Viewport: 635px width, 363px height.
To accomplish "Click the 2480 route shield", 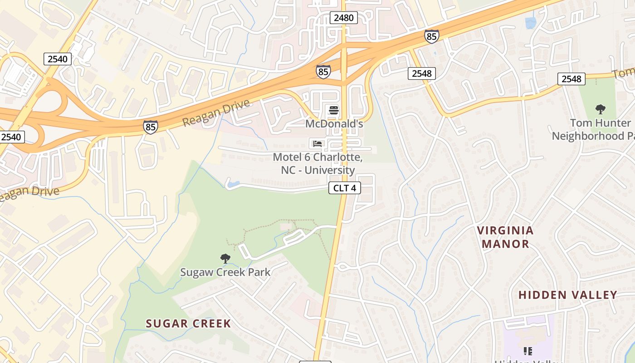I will (344, 18).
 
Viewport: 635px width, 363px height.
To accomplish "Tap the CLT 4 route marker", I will (345, 188).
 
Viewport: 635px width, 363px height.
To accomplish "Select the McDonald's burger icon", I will (334, 110).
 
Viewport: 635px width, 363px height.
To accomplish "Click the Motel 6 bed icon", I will (317, 144).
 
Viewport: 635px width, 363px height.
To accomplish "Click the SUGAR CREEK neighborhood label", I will (188, 324).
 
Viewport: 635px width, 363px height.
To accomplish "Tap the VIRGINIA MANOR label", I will (505, 237).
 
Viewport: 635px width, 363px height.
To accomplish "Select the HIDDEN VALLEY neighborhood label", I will (567, 295).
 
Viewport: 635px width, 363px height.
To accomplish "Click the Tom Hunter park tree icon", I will (601, 109).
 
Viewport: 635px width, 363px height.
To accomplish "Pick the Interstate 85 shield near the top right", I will (432, 36).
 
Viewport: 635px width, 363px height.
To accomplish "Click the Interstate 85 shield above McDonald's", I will (323, 72).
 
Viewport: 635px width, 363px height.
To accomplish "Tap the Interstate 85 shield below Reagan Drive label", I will (151, 127).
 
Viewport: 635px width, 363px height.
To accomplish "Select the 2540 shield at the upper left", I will (58, 59).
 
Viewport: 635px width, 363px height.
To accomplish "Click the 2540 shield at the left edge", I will (12, 137).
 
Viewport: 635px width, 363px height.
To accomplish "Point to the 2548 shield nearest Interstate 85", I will (421, 73).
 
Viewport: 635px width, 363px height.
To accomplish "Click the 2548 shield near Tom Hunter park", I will (571, 79).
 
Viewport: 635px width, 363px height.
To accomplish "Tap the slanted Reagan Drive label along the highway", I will (216, 113).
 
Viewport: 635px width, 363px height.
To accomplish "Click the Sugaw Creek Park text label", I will (225, 272).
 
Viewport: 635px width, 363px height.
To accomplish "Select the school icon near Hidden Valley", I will (528, 351).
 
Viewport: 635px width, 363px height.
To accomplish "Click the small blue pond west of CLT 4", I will (234, 184).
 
